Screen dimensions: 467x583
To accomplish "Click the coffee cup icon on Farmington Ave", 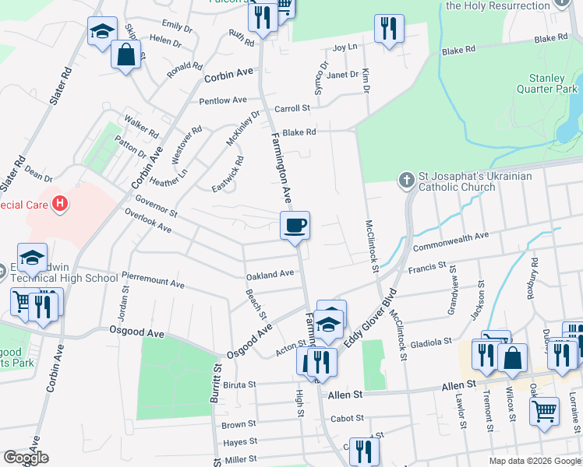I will (x=295, y=226).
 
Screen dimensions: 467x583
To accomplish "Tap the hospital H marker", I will (x=60, y=205).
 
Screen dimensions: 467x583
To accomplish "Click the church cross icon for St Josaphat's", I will (x=405, y=181).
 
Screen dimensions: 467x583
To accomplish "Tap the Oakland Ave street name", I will (x=270, y=273).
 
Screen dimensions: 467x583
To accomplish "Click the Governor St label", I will (x=157, y=206).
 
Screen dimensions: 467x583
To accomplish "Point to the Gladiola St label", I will (x=431, y=341).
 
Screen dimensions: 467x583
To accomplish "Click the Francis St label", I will (x=427, y=269).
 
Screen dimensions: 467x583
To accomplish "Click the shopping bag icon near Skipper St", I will (x=125, y=54).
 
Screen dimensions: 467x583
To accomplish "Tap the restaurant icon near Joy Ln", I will (x=388, y=29).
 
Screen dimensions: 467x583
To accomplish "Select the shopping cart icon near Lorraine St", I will (x=545, y=410).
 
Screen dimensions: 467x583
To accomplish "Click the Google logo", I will (x=26, y=458).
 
